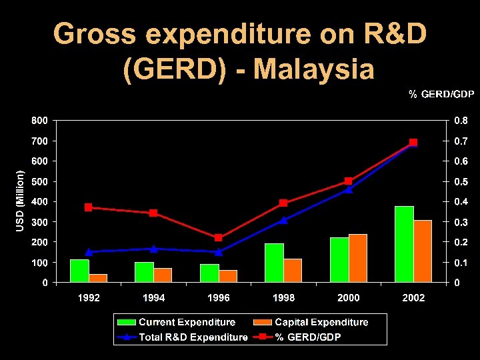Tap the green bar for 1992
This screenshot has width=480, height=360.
(79, 271)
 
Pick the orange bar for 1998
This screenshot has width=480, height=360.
(293, 270)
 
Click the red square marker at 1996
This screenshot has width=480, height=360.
(219, 237)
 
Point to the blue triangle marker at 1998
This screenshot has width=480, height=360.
(283, 220)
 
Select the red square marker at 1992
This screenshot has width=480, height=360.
(88, 207)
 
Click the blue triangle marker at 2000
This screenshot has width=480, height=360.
(348, 189)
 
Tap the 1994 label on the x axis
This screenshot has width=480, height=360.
(153, 298)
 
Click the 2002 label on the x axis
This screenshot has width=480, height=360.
(413, 298)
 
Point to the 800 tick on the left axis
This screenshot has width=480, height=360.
(39, 121)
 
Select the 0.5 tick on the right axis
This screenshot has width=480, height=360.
(461, 182)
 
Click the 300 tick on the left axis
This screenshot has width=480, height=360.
(39, 222)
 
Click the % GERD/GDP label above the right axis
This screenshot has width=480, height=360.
(441, 95)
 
